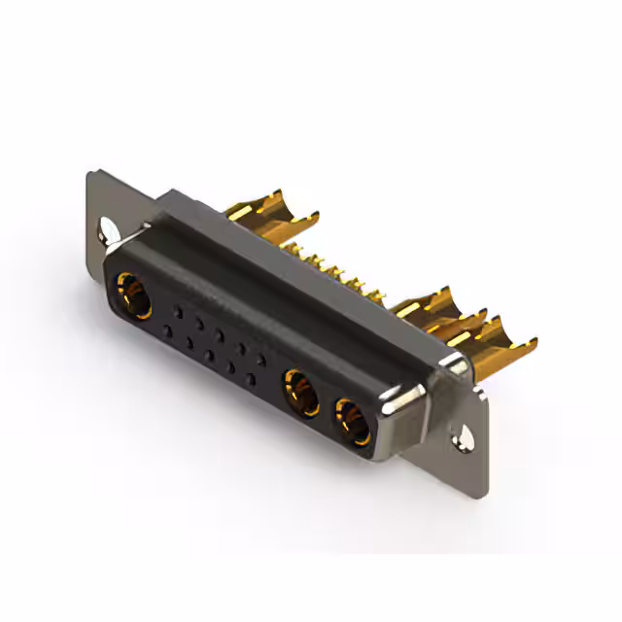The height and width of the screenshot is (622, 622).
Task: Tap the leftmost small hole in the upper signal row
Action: coord(178,311)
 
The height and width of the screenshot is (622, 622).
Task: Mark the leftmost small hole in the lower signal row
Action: coord(167,330)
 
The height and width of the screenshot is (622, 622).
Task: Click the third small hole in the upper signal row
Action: coord(220,335)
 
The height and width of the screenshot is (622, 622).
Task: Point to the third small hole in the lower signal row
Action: coord(209,356)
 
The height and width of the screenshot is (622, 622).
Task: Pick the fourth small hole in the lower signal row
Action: coord(230,367)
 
